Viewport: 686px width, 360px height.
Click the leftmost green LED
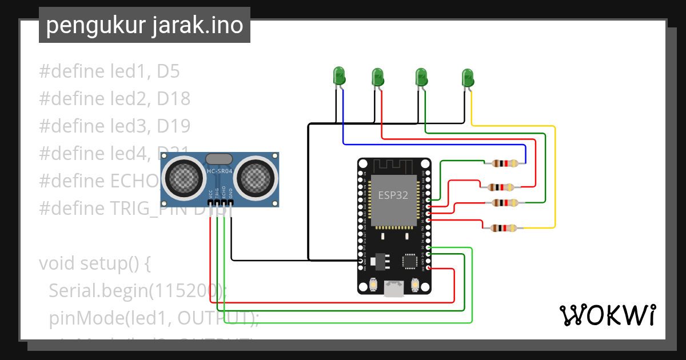click(x=339, y=76)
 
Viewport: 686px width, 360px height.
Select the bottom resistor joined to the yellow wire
click(x=501, y=229)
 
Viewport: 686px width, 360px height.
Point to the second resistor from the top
click(x=501, y=186)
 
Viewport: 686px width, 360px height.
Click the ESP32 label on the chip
click(x=393, y=195)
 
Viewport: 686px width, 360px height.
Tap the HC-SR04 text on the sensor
click(x=219, y=171)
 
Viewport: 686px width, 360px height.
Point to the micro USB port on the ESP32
click(x=393, y=289)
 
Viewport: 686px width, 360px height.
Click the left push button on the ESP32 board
click(x=373, y=284)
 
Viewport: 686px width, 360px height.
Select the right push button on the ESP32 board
click(x=415, y=284)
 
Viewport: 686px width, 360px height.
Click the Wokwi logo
click(x=607, y=315)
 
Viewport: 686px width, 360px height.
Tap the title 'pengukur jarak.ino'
click(x=144, y=26)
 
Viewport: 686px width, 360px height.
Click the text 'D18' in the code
click(x=174, y=99)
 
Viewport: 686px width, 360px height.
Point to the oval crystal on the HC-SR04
click(x=219, y=158)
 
